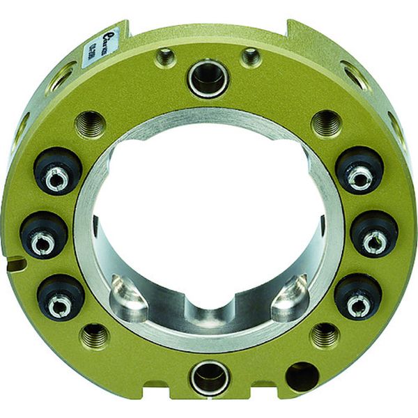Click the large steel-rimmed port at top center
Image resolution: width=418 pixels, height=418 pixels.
(208, 79)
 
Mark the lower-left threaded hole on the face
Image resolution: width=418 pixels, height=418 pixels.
(94, 337)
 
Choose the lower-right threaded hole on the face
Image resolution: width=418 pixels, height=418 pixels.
(323, 336)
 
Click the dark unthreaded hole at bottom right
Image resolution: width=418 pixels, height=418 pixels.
(302, 377)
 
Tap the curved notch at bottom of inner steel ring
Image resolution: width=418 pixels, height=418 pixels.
(208, 315)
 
